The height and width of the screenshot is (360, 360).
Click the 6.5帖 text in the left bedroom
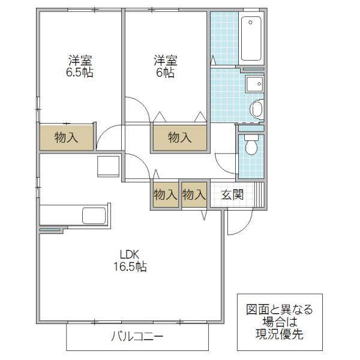tap(80, 73)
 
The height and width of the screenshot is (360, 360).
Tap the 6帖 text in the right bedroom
tap(166, 73)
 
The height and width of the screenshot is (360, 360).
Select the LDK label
tap(130, 254)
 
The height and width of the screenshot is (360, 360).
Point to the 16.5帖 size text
tap(130, 267)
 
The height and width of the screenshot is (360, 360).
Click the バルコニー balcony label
tap(137, 337)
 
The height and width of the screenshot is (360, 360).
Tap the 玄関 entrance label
tap(232, 195)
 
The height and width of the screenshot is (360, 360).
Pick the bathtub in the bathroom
tap(251, 38)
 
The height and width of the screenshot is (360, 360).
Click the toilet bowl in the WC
tap(251, 145)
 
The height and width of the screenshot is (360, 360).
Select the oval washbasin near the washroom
tap(257, 109)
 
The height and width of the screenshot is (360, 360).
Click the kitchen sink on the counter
tap(94, 215)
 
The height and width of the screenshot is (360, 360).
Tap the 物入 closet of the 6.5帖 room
tap(67, 137)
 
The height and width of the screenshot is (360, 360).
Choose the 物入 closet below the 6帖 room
tap(180, 138)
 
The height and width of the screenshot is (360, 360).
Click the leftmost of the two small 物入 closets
tap(166, 194)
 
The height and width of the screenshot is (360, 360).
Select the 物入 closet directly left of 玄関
tap(194, 194)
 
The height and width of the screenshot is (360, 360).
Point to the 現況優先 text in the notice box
tap(280, 334)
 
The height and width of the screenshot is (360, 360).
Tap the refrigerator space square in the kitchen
tap(108, 166)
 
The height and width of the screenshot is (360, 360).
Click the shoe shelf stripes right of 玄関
tap(259, 194)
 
